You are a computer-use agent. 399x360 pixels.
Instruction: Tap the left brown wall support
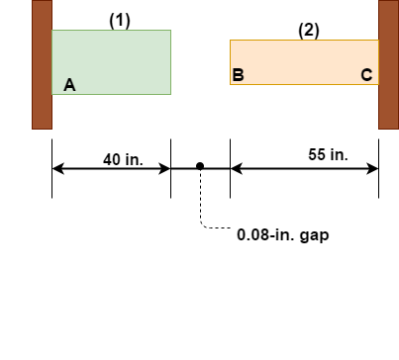42,64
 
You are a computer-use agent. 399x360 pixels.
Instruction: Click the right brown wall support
388,64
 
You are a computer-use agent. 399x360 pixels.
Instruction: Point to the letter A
69,86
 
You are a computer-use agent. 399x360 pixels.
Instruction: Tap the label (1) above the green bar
120,21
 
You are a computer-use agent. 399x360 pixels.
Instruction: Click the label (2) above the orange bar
309,31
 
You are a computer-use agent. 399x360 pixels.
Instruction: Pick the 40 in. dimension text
123,159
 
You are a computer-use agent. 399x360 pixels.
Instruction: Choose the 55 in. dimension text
328,154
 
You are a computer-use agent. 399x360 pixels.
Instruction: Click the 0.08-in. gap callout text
282,235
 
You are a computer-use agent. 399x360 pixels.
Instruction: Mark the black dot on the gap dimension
200,166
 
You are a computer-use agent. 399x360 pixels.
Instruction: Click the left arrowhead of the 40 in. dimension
57,168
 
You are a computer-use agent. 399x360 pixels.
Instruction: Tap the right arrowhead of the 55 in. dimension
373,168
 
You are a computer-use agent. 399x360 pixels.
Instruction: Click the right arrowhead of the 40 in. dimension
165,168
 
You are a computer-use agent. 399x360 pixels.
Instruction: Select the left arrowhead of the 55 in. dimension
236,168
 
